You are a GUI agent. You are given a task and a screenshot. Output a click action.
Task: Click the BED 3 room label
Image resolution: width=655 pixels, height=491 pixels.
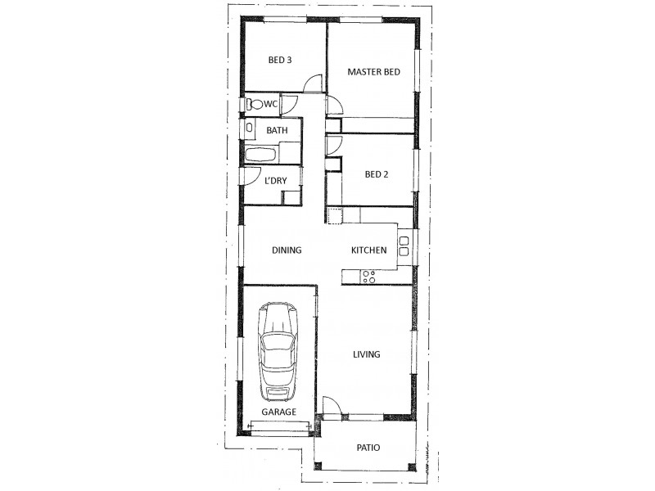(x=280, y=60)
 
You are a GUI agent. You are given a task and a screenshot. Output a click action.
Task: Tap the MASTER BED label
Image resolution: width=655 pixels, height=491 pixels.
(x=374, y=72)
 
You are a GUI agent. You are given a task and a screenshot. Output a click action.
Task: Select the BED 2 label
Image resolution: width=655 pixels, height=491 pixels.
(x=377, y=174)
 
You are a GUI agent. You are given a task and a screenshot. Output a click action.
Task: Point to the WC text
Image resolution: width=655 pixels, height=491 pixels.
(x=271, y=104)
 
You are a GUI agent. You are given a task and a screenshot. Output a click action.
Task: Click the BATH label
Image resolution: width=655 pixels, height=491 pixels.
(x=277, y=130)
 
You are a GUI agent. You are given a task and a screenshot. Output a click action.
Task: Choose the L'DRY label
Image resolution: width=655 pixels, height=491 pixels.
(x=276, y=181)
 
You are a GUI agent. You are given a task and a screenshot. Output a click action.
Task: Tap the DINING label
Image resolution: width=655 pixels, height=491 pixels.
(x=287, y=250)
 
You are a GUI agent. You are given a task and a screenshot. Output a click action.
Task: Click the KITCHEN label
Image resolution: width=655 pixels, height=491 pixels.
(x=369, y=250)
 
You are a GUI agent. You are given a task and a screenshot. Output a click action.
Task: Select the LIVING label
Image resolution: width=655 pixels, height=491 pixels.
(x=367, y=354)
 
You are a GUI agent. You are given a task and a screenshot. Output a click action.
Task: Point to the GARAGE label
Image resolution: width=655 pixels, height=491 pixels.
(x=278, y=412)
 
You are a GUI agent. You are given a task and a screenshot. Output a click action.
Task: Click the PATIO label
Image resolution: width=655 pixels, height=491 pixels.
(x=368, y=448)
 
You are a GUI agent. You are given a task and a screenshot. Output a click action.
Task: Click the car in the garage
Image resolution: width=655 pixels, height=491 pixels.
(x=278, y=352)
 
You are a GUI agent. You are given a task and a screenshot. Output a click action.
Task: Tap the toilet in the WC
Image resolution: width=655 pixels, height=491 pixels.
(x=254, y=104)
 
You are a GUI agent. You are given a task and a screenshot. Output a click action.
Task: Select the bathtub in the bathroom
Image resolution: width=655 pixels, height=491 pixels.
(x=260, y=155)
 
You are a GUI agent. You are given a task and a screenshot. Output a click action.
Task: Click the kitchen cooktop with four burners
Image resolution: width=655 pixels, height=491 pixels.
(x=369, y=277)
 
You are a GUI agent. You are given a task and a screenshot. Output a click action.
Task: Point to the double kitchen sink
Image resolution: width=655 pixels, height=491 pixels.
(x=404, y=246)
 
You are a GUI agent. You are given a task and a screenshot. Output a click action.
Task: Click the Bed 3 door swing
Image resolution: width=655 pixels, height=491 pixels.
(x=313, y=83)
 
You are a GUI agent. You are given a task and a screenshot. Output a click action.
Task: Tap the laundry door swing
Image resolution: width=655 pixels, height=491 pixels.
(x=252, y=176)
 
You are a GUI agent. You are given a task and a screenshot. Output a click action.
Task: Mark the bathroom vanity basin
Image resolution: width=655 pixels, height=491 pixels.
(x=250, y=127)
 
